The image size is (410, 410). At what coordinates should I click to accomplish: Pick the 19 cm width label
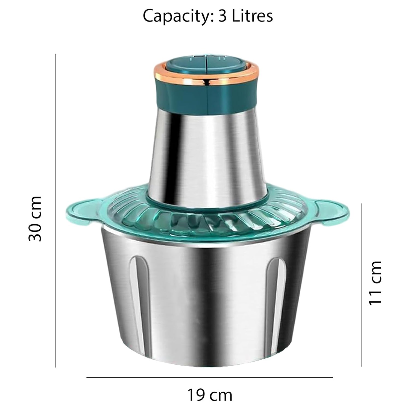point(210,395)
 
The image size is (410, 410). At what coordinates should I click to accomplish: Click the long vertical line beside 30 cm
point(56,210)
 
